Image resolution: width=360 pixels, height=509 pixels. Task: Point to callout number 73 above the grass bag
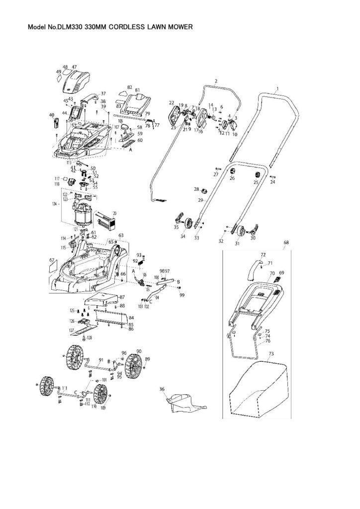click(271, 354)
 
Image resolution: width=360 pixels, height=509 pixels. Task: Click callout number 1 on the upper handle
click(277, 88)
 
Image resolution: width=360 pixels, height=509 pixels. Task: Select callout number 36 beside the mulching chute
click(162, 389)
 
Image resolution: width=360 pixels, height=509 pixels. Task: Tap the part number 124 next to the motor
click(56, 204)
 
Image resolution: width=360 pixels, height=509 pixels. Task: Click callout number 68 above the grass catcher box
click(286, 243)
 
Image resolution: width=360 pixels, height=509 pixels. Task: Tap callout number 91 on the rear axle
click(100, 359)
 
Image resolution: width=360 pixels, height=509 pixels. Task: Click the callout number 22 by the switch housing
click(172, 103)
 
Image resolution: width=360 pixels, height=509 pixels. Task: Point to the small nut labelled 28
click(203, 190)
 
